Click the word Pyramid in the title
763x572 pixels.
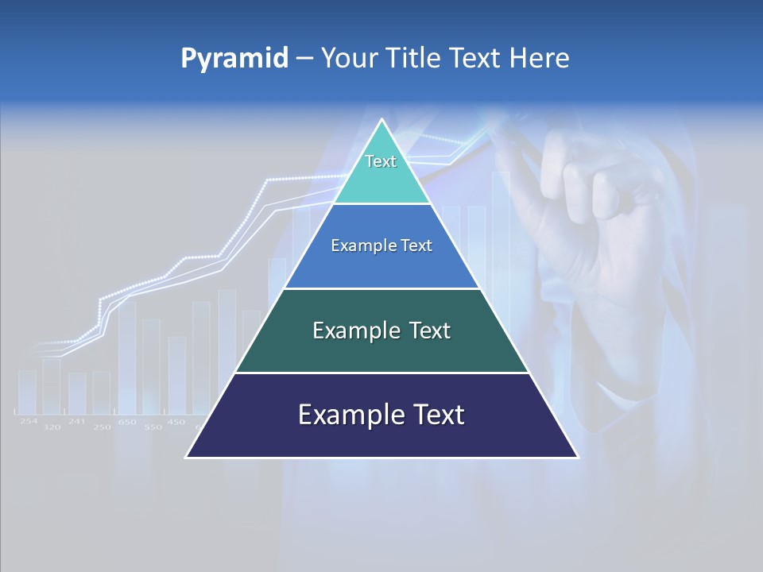(234, 59)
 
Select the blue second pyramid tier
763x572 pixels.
(381, 246)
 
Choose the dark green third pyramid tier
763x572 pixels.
(381, 330)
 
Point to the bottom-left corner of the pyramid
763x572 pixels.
(187, 457)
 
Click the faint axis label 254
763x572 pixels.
(29, 421)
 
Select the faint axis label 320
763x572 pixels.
(52, 427)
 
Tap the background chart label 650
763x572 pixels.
(127, 422)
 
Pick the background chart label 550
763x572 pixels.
(152, 427)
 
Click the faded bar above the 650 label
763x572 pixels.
(126, 357)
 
